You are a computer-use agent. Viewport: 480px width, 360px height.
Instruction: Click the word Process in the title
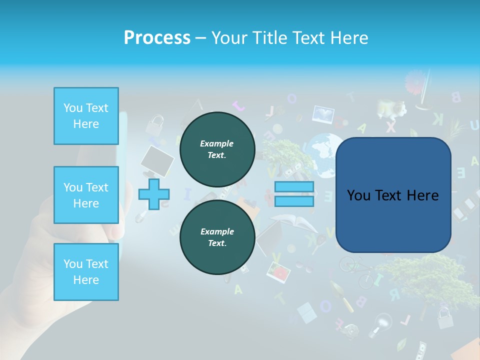tap(157, 37)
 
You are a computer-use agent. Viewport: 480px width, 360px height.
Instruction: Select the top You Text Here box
tap(86, 116)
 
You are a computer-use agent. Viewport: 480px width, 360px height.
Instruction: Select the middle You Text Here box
tap(86, 195)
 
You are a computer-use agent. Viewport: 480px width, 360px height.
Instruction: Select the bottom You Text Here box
tap(86, 271)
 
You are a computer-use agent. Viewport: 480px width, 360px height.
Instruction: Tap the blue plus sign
tap(154, 194)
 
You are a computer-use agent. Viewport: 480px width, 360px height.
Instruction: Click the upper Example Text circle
tap(217, 149)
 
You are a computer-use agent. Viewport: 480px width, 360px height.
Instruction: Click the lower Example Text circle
tap(217, 237)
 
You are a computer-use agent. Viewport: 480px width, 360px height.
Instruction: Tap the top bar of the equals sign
tap(294, 187)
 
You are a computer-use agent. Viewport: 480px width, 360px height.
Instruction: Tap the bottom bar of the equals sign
tap(294, 201)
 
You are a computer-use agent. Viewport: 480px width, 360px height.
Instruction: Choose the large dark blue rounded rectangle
tap(393, 195)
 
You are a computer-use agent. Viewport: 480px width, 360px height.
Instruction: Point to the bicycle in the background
tap(355, 270)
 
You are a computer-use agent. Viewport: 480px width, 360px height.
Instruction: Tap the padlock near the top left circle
tap(156, 122)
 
